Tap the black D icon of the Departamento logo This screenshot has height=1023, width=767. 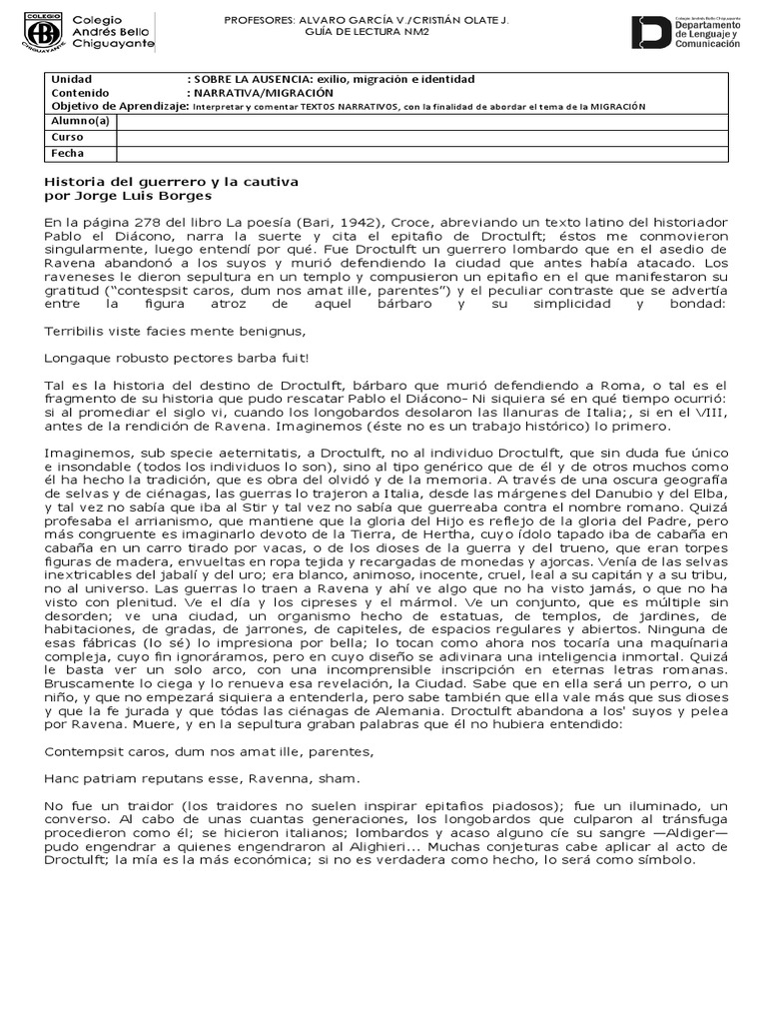pyautogui.click(x=651, y=31)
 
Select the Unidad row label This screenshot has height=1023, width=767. pyautogui.click(x=71, y=79)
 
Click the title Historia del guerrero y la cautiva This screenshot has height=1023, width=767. pyautogui.click(x=172, y=183)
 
